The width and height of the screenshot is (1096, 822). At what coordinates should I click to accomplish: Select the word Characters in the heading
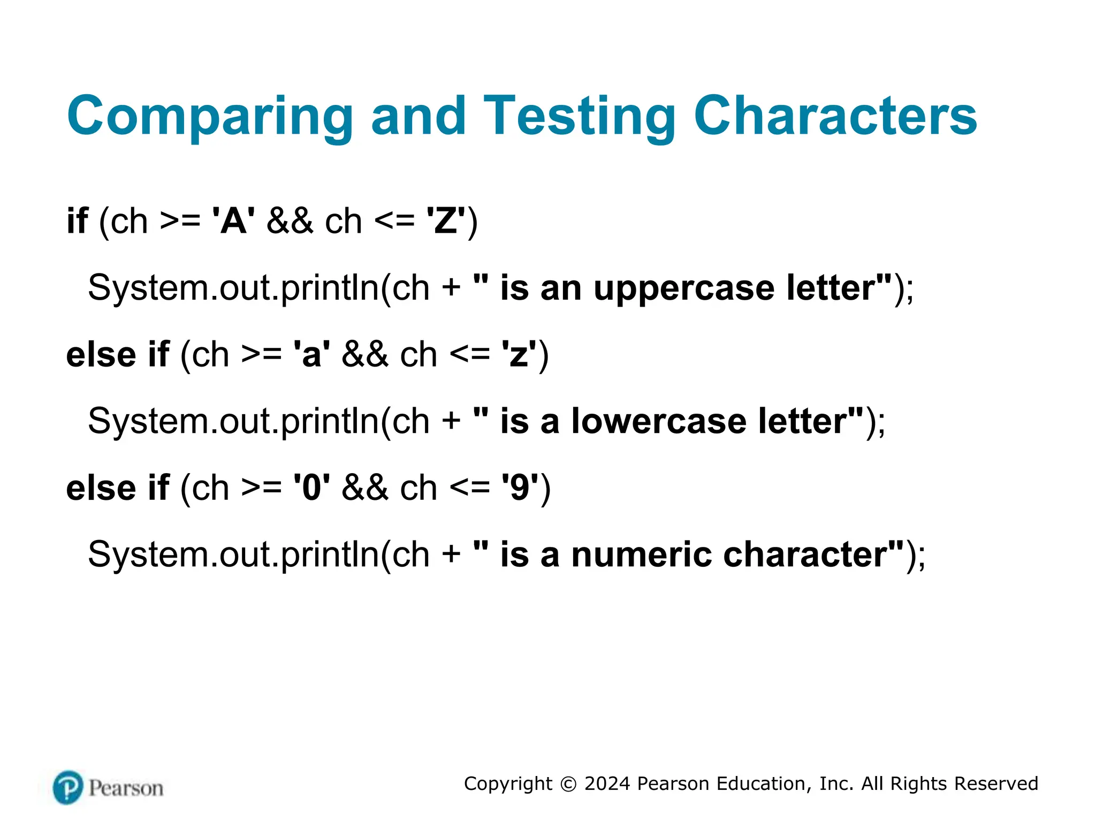click(835, 116)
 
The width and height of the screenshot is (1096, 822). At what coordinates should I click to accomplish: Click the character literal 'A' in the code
click(234, 220)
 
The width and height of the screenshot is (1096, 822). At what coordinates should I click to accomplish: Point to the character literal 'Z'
click(446, 220)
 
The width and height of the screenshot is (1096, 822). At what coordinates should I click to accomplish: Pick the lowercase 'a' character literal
click(311, 354)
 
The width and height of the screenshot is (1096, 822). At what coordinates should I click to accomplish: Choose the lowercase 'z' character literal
click(519, 354)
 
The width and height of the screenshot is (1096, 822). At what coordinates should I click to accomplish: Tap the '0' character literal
click(311, 488)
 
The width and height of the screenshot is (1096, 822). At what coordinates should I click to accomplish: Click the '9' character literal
click(520, 488)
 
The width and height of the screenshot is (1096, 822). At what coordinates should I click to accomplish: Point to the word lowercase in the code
click(659, 421)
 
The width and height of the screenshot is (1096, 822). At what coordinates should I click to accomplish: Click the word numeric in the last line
click(641, 554)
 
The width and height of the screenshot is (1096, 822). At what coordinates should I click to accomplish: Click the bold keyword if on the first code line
click(77, 220)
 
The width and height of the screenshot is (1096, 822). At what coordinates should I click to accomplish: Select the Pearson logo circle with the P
click(68, 787)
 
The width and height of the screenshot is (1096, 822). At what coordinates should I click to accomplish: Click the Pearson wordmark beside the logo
click(126, 788)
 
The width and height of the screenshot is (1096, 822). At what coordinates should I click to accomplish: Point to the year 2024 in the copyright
click(607, 783)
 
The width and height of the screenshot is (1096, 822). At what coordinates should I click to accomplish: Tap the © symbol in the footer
click(568, 784)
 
